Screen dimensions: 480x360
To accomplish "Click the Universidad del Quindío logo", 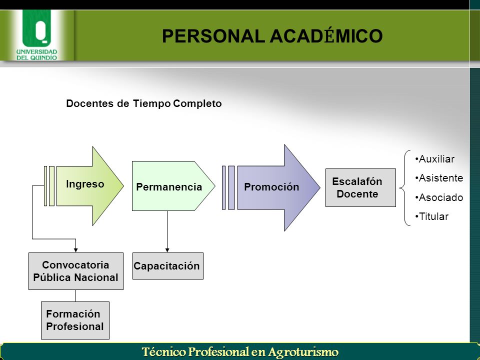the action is tap(36, 35).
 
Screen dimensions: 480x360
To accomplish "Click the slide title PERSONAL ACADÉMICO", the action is tap(272, 36).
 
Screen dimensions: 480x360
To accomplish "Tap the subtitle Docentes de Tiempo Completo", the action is tap(144, 103).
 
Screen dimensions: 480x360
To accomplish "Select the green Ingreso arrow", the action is tap(90, 186).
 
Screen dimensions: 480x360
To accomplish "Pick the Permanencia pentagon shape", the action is tap(173, 186).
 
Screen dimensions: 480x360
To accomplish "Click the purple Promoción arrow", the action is tap(278, 187).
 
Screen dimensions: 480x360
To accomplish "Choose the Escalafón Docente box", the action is tap(360, 187).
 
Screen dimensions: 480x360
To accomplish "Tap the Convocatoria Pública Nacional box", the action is tap(76, 271).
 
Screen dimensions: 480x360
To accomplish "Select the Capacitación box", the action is tap(168, 265).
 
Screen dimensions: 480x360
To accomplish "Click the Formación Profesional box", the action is tap(75, 320).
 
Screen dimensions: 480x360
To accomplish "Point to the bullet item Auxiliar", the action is tap(434, 159).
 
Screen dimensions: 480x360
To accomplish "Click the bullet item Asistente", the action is tap(439, 178).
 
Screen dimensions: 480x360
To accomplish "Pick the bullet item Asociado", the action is tap(439, 197).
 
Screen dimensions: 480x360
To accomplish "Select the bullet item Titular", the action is tap(432, 216).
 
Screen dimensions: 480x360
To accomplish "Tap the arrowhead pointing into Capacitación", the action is tap(167, 250).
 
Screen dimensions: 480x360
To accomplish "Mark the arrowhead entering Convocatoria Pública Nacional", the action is tap(75, 250).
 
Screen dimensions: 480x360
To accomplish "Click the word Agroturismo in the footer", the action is tap(303, 351).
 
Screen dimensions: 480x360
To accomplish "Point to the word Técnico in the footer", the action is tap(164, 351).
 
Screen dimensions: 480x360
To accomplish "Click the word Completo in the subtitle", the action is tap(197, 104).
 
